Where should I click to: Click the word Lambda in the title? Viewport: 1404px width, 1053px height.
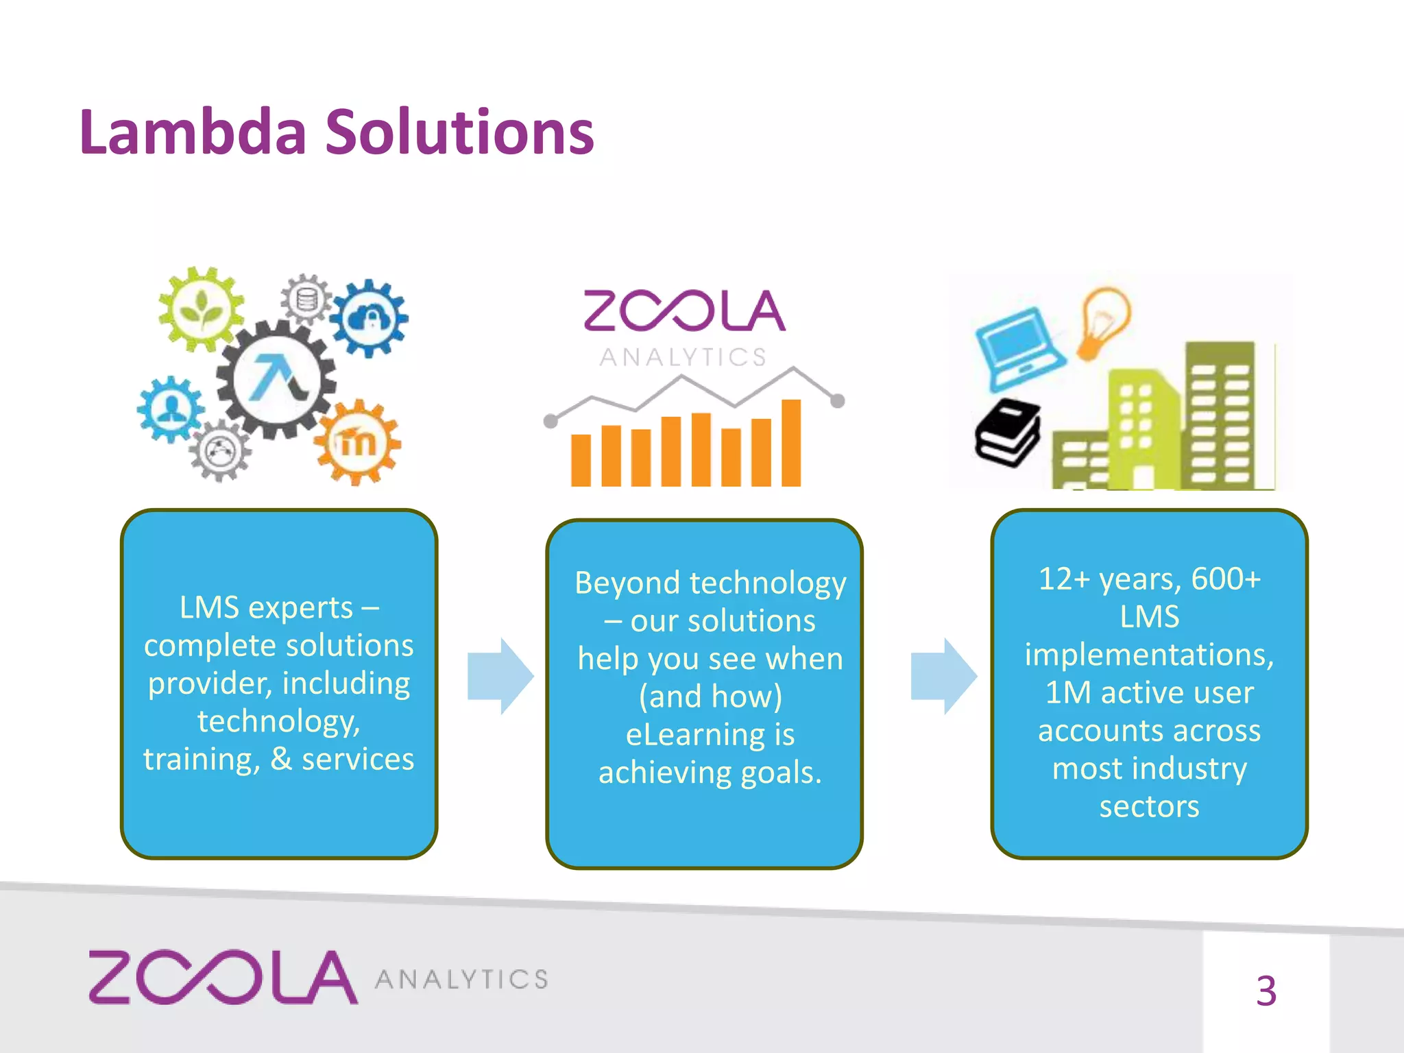tap(193, 132)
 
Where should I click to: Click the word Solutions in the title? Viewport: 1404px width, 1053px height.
tap(459, 132)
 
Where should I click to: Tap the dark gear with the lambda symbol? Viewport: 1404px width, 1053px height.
tap(276, 378)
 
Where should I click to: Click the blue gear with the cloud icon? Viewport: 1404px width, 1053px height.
tap(370, 317)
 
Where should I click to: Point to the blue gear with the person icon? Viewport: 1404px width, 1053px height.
tap(171, 409)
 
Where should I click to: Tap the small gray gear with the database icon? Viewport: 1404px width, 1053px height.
tap(306, 300)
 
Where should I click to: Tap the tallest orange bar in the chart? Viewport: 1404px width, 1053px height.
tap(790, 443)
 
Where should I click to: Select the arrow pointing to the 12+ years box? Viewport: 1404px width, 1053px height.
tap(943, 676)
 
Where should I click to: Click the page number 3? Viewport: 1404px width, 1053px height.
tap(1266, 991)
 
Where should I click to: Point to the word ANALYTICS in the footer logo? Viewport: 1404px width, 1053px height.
tap(461, 980)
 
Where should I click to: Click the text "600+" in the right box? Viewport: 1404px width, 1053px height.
tap(1226, 579)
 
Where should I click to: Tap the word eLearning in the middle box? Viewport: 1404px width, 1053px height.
tap(691, 734)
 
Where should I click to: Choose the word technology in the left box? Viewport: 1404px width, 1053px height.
tap(278, 721)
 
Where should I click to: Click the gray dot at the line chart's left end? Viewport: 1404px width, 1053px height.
tap(550, 421)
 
